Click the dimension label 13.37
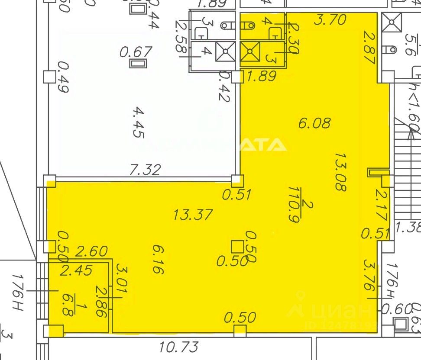click(x=193, y=215)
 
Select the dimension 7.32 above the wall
click(x=146, y=169)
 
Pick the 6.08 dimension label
click(x=314, y=123)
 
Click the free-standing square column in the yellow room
click(x=237, y=247)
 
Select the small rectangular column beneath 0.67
click(x=139, y=64)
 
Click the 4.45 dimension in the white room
click(x=138, y=122)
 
